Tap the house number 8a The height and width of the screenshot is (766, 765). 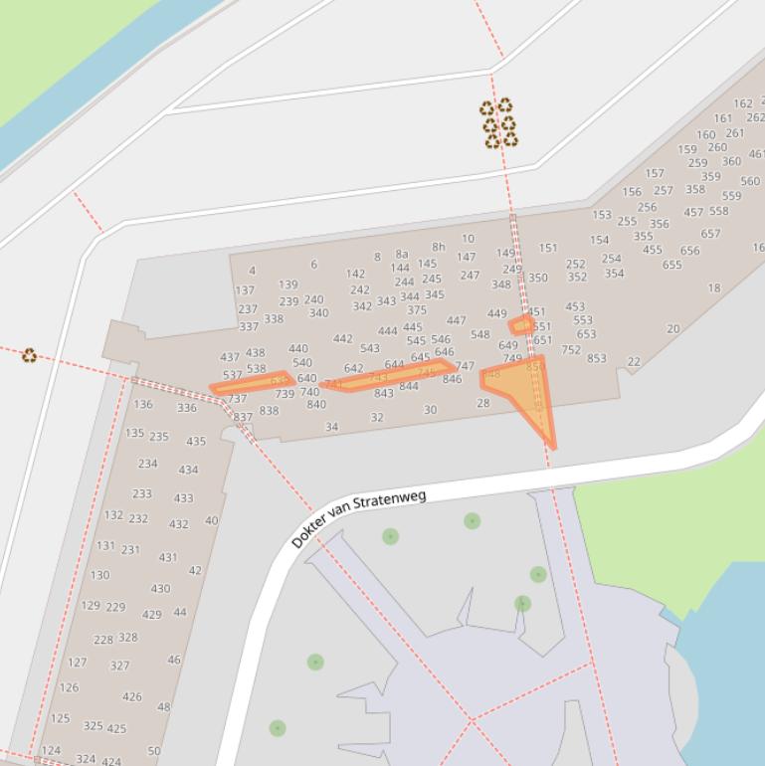pos(402,255)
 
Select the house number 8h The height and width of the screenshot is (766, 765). pos(438,247)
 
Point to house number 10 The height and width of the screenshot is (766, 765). pos(468,239)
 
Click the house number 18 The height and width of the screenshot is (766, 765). pos(713,288)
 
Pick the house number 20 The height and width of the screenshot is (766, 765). pos(673,329)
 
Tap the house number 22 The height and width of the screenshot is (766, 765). pos(634,362)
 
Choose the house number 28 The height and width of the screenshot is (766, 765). pos(483,403)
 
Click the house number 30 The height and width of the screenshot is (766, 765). pos(430,410)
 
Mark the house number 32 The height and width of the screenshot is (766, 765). pos(376,418)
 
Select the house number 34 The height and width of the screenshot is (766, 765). pos(331,427)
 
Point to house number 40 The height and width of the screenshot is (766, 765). pos(211,520)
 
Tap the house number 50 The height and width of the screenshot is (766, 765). pos(153,751)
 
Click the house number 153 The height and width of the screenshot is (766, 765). pos(602,215)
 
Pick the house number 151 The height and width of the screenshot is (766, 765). pos(548,249)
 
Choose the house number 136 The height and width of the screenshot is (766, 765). pos(143,405)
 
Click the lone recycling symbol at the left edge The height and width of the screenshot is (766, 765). pos(29,355)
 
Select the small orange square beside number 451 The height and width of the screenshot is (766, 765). pos(520,325)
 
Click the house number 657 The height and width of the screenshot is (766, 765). pos(710,234)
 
